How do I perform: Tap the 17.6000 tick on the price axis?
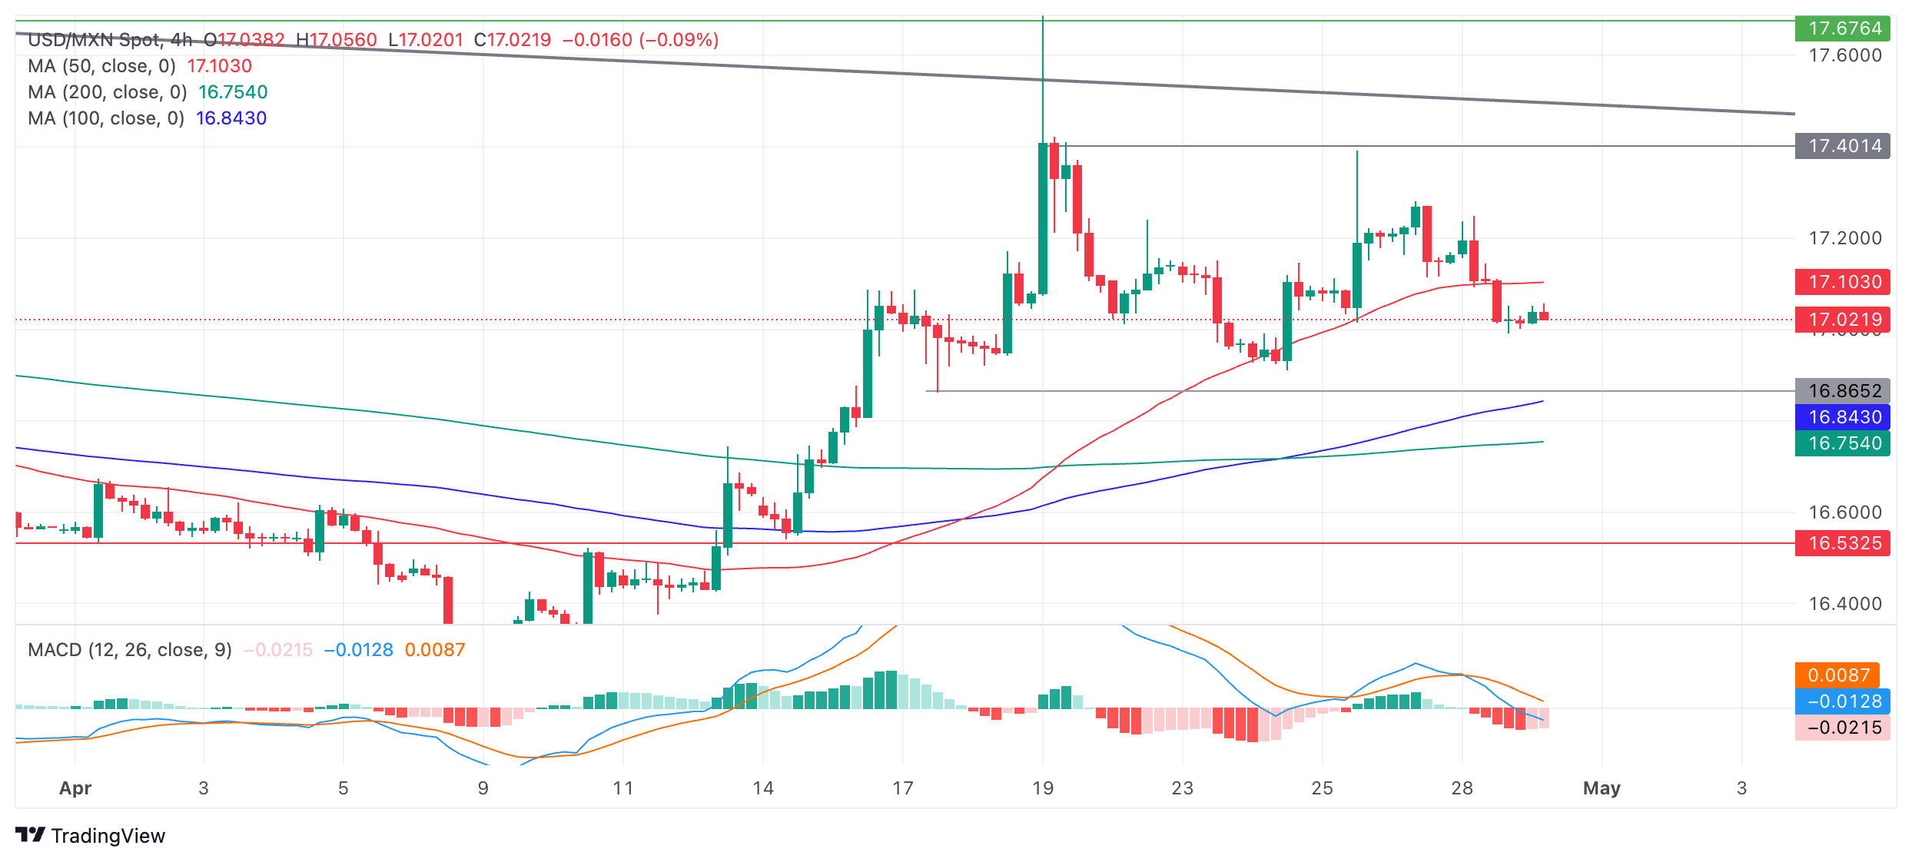(1844, 55)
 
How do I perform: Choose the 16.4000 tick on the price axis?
(1844, 604)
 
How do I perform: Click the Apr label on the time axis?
(75, 788)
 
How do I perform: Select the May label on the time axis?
(1602, 788)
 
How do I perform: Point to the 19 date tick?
(1042, 788)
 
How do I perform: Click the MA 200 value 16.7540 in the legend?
(233, 92)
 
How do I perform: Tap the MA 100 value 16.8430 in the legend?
(231, 118)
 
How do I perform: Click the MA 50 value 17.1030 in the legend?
(220, 66)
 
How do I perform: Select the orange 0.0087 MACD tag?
(1837, 675)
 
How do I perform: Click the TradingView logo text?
(108, 836)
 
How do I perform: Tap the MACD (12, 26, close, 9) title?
(130, 650)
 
